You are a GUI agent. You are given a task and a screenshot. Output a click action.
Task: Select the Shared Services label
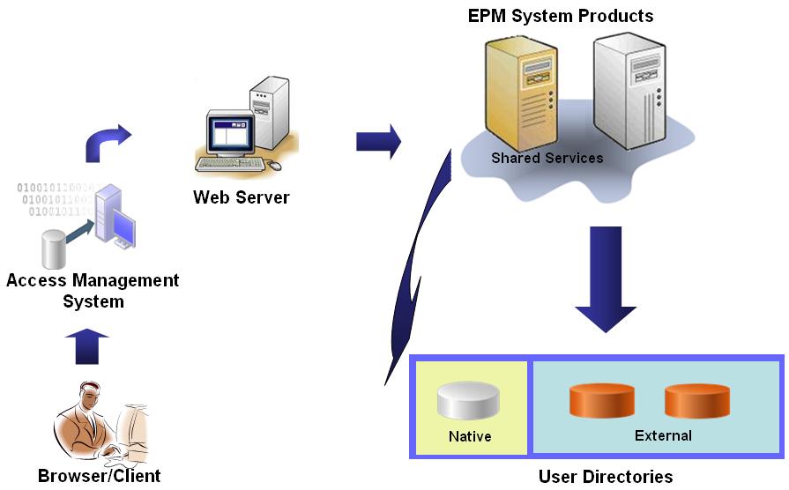pyautogui.click(x=547, y=158)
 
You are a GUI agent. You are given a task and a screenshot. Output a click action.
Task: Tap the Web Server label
pyautogui.click(x=241, y=197)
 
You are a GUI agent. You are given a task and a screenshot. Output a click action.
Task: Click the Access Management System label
pyautogui.click(x=93, y=291)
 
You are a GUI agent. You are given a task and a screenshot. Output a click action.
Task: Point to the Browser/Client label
pyautogui.click(x=100, y=477)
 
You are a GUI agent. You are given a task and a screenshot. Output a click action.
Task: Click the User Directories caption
pyautogui.click(x=605, y=477)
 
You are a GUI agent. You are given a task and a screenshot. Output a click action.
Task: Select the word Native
pyautogui.click(x=470, y=436)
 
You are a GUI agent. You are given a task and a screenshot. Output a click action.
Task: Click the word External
pyautogui.click(x=663, y=435)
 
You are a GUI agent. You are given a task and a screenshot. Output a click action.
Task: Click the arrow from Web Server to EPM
pyautogui.click(x=378, y=141)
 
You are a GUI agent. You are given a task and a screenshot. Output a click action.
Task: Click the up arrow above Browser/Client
pyautogui.click(x=86, y=345)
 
